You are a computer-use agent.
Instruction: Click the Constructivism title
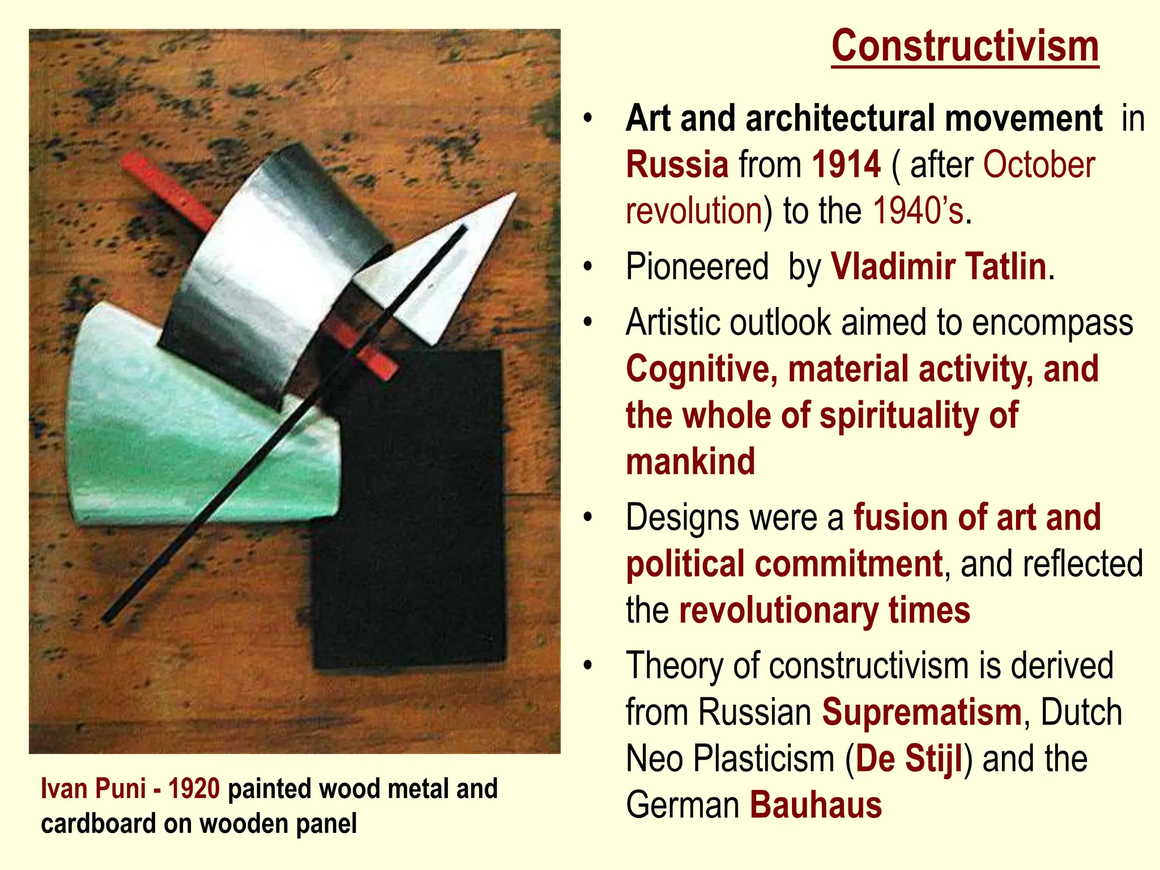pos(965,47)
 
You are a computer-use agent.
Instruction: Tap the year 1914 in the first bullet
pos(846,165)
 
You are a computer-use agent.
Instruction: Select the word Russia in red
pos(677,165)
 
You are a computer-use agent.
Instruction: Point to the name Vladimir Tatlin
pos(938,266)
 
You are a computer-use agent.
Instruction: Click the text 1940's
pos(918,211)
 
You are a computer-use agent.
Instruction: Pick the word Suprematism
pos(922,712)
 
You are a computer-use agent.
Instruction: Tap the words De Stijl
pos(909,758)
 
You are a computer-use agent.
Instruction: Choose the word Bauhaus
pos(816,805)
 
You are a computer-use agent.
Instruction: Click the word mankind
pos(690,461)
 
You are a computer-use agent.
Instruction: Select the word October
pos(1038,165)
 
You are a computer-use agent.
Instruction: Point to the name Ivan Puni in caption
pos(93,789)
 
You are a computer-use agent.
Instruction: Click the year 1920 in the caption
pos(194,789)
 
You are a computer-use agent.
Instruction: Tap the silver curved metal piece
pos(266,266)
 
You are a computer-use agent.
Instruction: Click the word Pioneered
pos(697,266)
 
